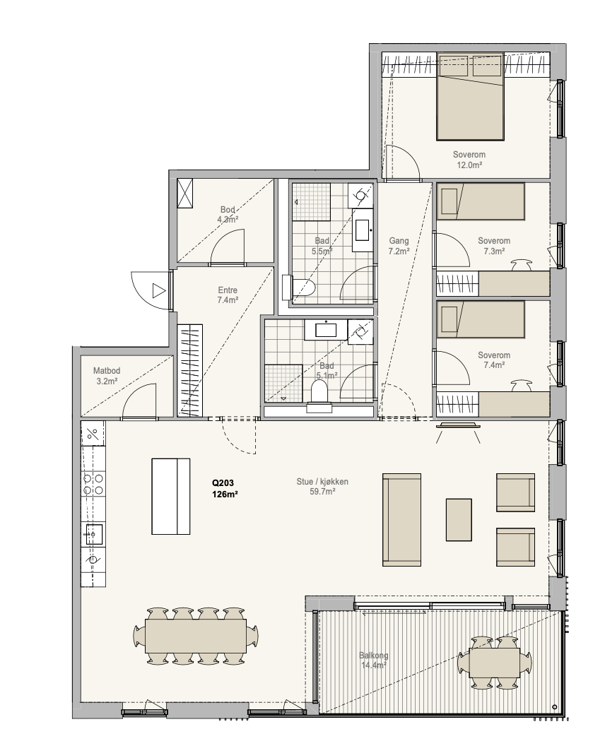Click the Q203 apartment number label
tap(223, 483)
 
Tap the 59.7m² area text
tap(322, 492)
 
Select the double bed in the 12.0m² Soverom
tap(470, 97)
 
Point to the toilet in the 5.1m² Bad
tap(319, 398)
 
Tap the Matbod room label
tap(107, 371)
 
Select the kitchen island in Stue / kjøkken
tap(171, 497)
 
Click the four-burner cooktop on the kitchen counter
tap(93, 483)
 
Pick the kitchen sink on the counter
tap(93, 534)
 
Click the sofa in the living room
tap(401, 519)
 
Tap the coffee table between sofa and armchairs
tap(459, 519)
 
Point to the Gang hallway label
tap(399, 241)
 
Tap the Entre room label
tap(228, 290)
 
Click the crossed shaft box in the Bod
tap(185, 193)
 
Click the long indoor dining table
tap(196, 636)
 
